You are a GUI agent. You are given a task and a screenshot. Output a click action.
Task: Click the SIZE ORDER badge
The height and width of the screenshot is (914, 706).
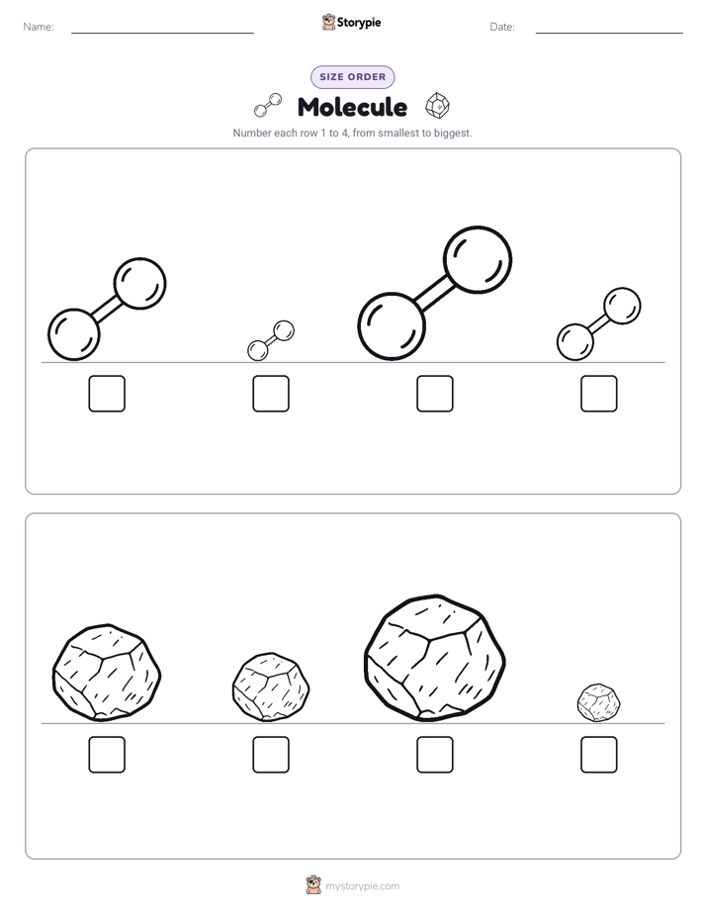click(352, 77)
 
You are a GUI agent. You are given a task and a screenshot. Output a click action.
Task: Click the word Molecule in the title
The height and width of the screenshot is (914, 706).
click(352, 107)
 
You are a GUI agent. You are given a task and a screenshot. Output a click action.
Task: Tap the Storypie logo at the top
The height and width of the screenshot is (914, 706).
click(352, 22)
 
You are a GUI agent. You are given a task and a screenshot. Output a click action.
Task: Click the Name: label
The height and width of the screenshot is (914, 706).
click(39, 27)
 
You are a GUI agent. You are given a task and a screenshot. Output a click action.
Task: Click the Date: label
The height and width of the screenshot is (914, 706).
click(502, 27)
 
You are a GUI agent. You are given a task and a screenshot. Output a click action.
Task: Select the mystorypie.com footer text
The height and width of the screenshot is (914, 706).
click(362, 886)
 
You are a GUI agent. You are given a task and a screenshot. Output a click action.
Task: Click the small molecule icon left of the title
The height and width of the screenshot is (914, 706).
click(268, 106)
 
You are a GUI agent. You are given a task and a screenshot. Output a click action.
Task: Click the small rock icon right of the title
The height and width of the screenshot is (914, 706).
click(437, 106)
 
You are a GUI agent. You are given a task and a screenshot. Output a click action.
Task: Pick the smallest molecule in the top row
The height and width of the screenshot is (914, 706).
click(271, 341)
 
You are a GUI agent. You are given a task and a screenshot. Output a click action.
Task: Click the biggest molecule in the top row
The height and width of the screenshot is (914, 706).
click(435, 293)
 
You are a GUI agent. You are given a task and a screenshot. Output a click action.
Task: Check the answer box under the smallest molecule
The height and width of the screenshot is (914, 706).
click(271, 394)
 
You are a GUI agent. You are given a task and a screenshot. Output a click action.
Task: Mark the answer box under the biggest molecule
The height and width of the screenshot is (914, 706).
click(435, 394)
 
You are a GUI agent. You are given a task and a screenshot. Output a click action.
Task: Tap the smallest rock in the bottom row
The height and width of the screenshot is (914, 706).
click(599, 703)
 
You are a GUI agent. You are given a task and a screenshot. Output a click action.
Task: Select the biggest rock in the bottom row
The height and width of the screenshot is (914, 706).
click(435, 658)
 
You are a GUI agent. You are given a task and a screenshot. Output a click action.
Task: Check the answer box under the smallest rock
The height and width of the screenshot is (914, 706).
click(599, 755)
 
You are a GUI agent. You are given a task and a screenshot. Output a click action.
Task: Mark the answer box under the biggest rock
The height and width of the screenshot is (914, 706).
click(435, 755)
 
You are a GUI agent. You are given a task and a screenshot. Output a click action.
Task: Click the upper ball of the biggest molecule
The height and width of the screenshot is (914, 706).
click(478, 259)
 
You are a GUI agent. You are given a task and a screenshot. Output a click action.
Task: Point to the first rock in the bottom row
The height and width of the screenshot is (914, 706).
click(107, 674)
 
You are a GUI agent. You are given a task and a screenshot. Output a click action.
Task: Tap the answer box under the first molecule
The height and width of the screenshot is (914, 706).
click(107, 394)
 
